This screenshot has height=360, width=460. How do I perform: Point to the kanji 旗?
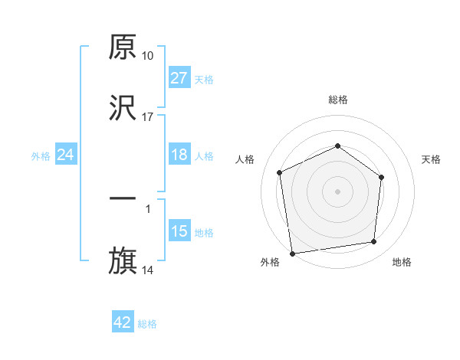pyautogui.click(x=123, y=260)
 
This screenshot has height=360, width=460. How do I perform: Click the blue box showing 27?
pyautogui.click(x=179, y=78)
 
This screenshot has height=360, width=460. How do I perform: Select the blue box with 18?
pyautogui.click(x=179, y=155)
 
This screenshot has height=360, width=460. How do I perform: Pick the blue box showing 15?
pyautogui.click(x=179, y=231)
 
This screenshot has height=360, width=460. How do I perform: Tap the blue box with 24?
pyautogui.click(x=65, y=155)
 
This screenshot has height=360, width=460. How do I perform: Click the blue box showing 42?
pyautogui.click(x=122, y=322)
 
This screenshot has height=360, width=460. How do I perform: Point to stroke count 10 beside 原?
pyautogui.click(x=148, y=56)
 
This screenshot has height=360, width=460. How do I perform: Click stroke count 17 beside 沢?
pyautogui.click(x=148, y=117)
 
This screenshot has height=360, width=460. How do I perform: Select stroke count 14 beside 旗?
pyautogui.click(x=148, y=270)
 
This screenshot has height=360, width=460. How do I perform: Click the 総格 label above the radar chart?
pyautogui.click(x=337, y=100)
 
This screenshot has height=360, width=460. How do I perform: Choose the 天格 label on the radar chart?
pyautogui.click(x=431, y=159)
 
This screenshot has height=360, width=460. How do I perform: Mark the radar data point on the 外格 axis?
pyautogui.click(x=292, y=253)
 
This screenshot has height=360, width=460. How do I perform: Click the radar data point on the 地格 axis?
pyautogui.click(x=374, y=242)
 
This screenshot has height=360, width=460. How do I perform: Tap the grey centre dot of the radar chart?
pyautogui.click(x=337, y=191)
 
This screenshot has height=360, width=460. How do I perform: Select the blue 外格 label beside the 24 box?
pyautogui.click(x=41, y=156)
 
